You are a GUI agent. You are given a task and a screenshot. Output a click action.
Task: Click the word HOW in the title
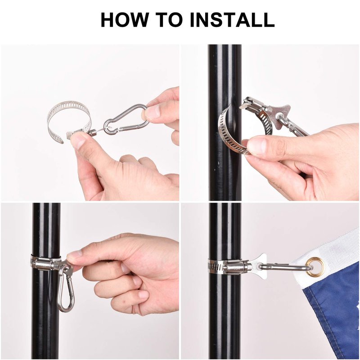[x=125, y=20]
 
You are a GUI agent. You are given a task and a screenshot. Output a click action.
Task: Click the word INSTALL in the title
[x=232, y=20]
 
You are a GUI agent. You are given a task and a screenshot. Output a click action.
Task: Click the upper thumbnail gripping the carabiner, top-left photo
[x=153, y=112]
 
